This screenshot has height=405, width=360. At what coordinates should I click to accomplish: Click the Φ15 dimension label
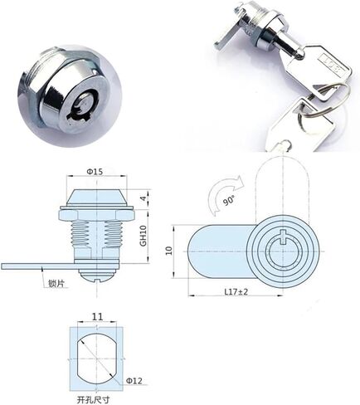coord(95,172)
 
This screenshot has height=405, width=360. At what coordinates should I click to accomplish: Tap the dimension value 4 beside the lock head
coord(143,198)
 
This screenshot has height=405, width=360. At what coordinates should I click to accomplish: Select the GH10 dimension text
coord(144,236)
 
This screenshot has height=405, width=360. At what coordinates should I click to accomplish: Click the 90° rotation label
coord(229,200)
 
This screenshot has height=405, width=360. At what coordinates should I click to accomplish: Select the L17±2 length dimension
coord(236,291)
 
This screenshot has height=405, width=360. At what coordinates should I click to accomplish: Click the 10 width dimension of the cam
coord(169,251)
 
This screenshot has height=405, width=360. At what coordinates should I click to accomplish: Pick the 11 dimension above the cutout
coord(97,316)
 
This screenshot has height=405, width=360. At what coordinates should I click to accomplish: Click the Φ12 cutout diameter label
coord(134,381)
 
